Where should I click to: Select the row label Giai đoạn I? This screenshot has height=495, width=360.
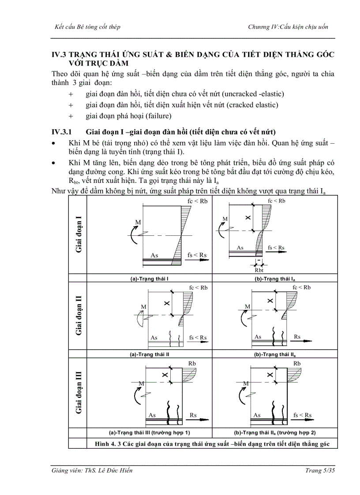[x=79, y=234]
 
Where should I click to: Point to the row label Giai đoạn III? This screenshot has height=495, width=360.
[x=79, y=392]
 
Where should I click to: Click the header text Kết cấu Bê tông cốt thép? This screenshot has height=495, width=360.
[x=86, y=27]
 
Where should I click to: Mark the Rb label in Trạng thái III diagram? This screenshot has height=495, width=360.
[x=192, y=363]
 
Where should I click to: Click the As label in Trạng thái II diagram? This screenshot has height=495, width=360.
[x=154, y=338]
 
